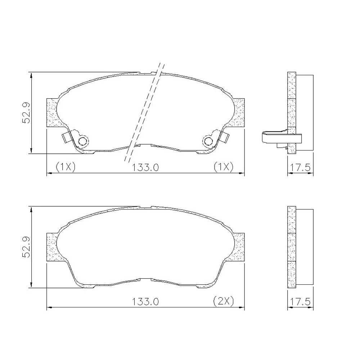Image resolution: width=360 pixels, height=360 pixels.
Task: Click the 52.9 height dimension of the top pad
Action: coord(26,113)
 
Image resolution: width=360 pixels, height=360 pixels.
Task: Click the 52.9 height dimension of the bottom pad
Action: coord(26,247)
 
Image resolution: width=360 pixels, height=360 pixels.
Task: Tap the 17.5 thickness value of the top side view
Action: coord(300,168)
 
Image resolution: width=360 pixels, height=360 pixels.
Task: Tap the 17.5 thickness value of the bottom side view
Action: coord(300,301)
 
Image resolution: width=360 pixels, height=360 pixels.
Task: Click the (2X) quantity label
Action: coord(224,301)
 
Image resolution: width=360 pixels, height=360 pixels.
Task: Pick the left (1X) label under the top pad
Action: coord(66,167)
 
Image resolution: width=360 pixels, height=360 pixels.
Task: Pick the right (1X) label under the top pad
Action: coord(224,167)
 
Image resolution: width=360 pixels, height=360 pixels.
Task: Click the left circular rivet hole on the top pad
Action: coord(83,141)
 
